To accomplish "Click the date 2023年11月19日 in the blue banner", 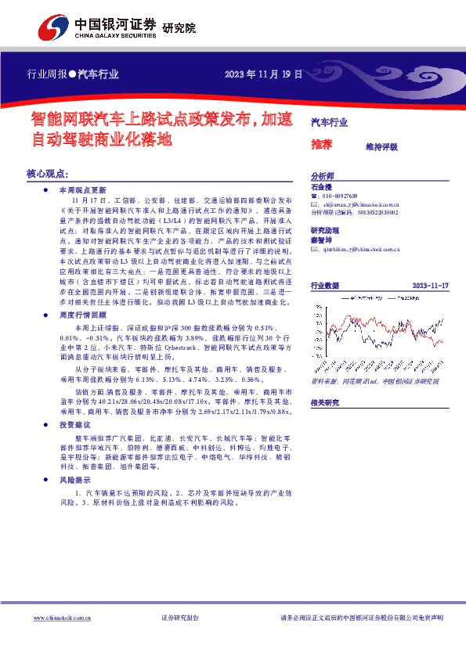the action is (263, 74).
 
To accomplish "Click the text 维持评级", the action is (381, 146).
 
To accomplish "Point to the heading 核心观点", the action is (49, 173).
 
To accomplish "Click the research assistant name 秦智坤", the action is (321, 240).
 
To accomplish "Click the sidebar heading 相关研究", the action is (326, 402).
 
